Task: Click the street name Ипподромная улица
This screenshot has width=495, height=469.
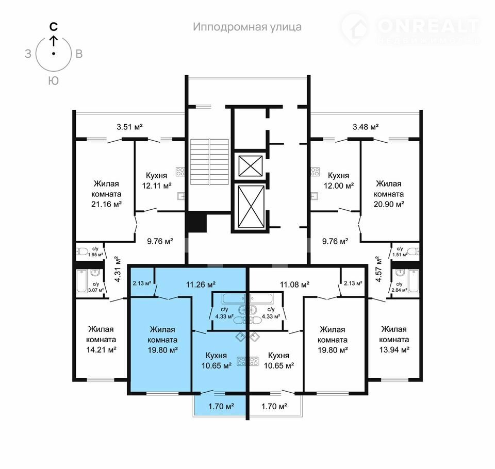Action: tap(247, 27)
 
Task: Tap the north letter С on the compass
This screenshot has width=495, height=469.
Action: tap(54, 27)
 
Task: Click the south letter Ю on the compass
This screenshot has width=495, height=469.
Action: tap(54, 81)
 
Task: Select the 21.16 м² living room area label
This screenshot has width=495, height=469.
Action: tap(106, 204)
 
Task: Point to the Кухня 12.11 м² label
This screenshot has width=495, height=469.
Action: tap(157, 180)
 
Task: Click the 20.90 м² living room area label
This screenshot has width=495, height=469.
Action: tap(389, 204)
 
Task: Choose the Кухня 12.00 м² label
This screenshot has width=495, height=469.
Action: tap(338, 180)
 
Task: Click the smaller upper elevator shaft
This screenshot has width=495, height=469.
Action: tap(251, 165)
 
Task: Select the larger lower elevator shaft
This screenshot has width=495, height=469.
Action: tap(251, 206)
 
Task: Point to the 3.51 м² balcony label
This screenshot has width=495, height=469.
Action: tap(129, 127)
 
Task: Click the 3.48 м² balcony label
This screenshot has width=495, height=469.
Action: tap(366, 127)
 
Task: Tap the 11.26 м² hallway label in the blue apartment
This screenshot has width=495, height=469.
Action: tap(201, 284)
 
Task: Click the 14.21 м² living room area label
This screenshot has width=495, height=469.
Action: tap(102, 350)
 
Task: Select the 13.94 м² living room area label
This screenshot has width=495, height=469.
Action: tap(394, 350)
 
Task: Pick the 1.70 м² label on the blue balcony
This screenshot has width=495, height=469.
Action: tap(221, 406)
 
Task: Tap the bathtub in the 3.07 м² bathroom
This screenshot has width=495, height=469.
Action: tap(82, 281)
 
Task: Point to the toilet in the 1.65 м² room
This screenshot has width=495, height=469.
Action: tap(82, 252)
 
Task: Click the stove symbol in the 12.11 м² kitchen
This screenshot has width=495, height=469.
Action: tap(180, 172)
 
